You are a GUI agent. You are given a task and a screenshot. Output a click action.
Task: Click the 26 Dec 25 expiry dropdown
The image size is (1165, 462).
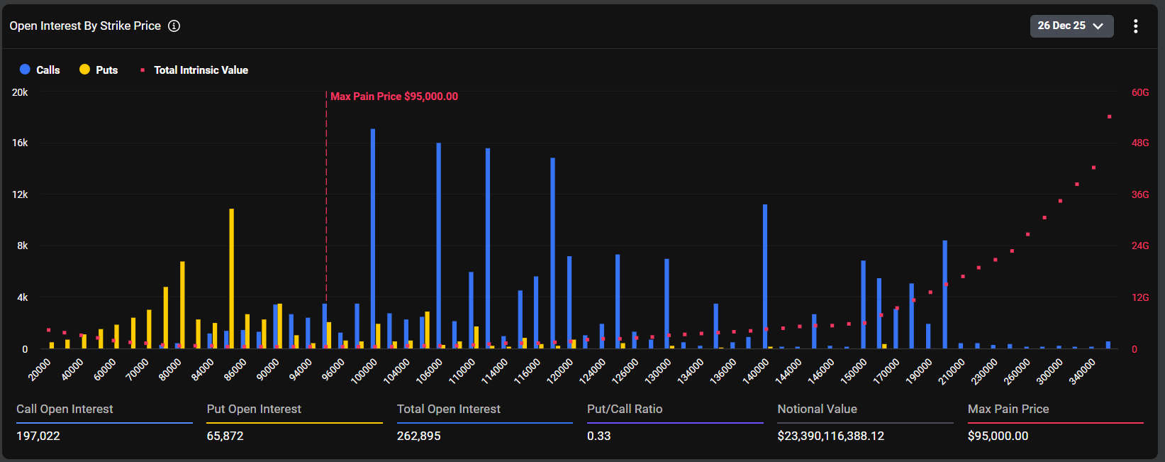pyautogui.click(x=1071, y=26)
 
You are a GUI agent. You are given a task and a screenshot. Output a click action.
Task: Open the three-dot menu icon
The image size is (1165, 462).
pyautogui.click(x=1135, y=26)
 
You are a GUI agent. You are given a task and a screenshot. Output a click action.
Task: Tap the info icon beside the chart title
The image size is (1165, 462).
pyautogui.click(x=174, y=26)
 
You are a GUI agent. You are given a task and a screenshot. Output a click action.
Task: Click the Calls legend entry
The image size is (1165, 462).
pyautogui.click(x=40, y=70)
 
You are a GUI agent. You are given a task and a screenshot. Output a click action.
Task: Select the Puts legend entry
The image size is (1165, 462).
pyautogui.click(x=99, y=70)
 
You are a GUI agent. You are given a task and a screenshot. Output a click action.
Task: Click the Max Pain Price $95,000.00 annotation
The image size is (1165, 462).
pyautogui.click(x=394, y=97)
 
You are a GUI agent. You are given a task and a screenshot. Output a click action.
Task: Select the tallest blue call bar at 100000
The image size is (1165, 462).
pyautogui.click(x=373, y=238)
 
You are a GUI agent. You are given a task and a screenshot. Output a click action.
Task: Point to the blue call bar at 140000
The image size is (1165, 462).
pyautogui.click(x=765, y=277)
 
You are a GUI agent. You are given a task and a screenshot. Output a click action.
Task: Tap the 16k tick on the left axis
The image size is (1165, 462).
pyautogui.click(x=20, y=143)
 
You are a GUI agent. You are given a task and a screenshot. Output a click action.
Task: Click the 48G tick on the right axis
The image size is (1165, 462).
pyautogui.click(x=1140, y=143)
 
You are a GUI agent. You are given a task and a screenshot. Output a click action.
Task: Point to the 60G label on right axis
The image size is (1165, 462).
pyautogui.click(x=1140, y=92)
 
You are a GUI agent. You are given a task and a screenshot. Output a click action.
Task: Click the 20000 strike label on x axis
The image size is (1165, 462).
pyautogui.click(x=40, y=370)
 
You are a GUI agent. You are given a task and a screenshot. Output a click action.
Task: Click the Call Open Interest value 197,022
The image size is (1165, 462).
pyautogui.click(x=38, y=436)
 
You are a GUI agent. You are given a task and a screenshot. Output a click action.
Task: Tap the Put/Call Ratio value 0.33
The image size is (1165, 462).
pyautogui.click(x=598, y=436)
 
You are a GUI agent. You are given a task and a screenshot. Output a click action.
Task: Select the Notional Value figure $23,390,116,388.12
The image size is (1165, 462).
pyautogui.click(x=830, y=436)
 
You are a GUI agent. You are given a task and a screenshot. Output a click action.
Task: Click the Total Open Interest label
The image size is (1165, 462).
pyautogui.click(x=448, y=409)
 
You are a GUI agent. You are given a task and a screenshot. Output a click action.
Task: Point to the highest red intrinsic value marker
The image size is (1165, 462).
pyautogui.click(x=1109, y=116)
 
